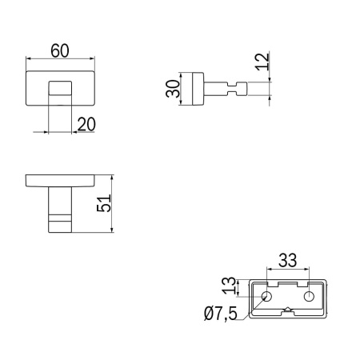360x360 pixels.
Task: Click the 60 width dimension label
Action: click(60, 50)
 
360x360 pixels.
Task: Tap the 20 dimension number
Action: click(86, 124)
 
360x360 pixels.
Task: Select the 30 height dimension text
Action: click(173, 89)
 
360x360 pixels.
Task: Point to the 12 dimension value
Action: click(262, 62)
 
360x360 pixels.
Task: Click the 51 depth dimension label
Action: click(104, 203)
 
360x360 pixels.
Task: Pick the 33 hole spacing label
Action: click(287, 260)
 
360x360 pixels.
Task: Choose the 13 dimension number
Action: click(230, 286)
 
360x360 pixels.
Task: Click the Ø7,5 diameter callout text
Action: click(221, 314)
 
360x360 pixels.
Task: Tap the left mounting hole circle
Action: click(266, 296)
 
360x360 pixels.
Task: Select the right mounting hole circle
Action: click(309, 296)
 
